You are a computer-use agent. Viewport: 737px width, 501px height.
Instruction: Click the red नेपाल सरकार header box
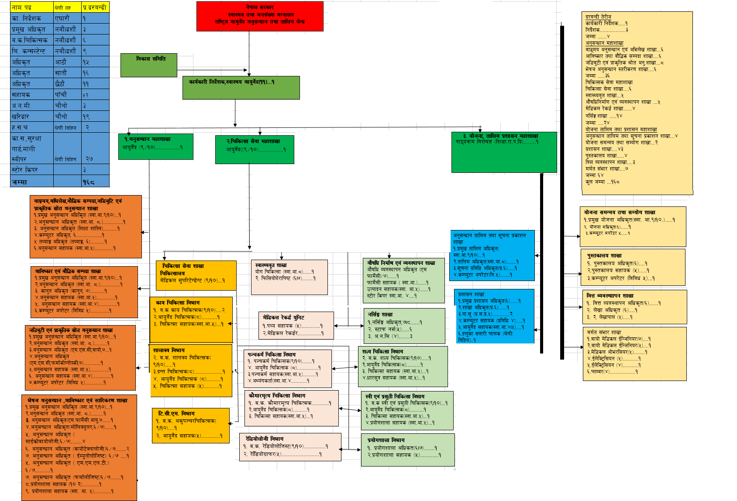click(x=260, y=16)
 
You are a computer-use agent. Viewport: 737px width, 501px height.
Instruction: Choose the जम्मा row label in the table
click(x=19, y=182)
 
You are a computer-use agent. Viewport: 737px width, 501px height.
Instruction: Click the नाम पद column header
click(x=22, y=7)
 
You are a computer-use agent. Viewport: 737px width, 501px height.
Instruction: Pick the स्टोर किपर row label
click(x=25, y=170)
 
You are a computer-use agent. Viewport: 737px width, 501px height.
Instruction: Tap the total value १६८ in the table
click(x=89, y=182)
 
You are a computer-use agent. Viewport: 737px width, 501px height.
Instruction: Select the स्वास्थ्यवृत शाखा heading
click(x=271, y=265)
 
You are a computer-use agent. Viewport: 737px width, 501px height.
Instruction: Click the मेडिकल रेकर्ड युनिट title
click(x=283, y=317)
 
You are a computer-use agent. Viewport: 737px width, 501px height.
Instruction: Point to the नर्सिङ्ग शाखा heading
click(x=380, y=314)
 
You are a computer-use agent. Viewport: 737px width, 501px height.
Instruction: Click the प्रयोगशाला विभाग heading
click(x=386, y=440)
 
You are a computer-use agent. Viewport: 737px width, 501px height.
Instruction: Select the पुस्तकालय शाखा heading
click(x=604, y=256)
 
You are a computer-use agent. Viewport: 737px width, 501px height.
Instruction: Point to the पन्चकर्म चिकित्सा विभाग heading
click(x=272, y=354)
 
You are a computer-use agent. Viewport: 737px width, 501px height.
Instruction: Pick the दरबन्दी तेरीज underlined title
click(x=598, y=17)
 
